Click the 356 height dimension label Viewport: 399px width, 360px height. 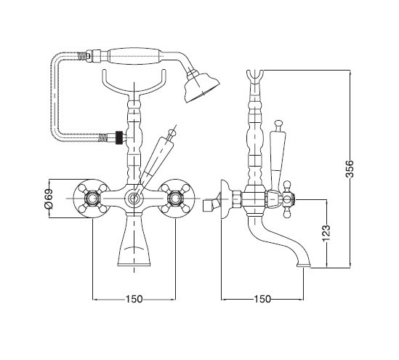pyautogui.click(x=350, y=168)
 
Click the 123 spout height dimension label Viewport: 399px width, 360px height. pyautogui.click(x=326, y=233)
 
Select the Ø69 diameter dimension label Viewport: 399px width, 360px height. pyautogui.click(x=49, y=199)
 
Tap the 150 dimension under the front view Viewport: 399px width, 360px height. pyautogui.click(x=134, y=299)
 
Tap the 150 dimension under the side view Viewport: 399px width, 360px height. pyautogui.click(x=262, y=299)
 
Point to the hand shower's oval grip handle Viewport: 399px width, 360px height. pyautogui.click(x=135, y=56)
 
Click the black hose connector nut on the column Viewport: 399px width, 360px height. pyautogui.click(x=118, y=137)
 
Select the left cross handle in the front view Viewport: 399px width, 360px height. pyautogui.click(x=92, y=199)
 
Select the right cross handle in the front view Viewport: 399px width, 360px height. pyautogui.click(x=176, y=199)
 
